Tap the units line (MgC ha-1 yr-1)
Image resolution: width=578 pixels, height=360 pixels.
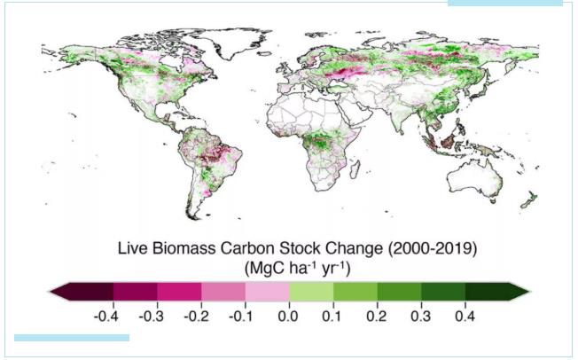(289, 267)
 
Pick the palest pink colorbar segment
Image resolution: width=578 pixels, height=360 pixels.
(267, 291)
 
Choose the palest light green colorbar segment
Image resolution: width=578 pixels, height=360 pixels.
(311, 291)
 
